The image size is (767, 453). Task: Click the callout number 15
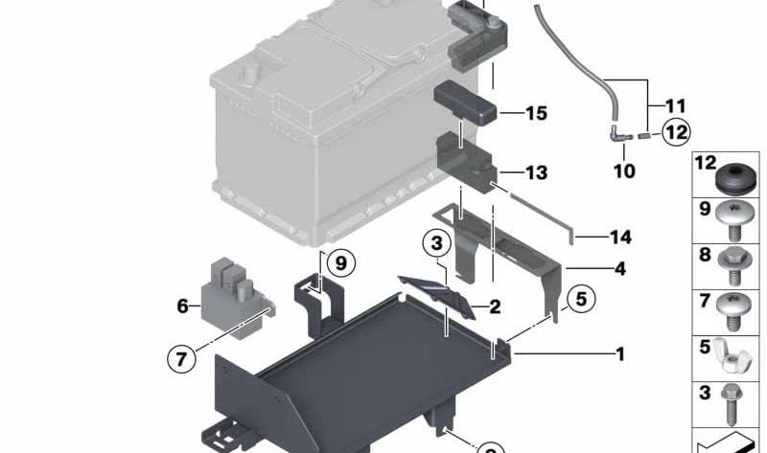pos(536,113)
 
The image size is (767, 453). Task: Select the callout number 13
pos(536,172)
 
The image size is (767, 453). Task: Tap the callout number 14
pos(620,237)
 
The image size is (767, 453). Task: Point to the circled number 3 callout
pos(437,243)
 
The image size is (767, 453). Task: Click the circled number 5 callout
pos(581,299)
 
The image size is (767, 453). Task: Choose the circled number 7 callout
pos(181,359)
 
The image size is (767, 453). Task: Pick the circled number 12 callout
pos(677,132)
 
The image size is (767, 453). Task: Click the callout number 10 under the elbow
pos(624,171)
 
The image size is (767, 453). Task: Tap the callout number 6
pos(182,306)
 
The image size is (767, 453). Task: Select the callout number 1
pos(620,353)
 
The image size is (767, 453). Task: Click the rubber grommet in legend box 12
pos(736,179)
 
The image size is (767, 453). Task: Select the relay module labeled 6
pos(236,298)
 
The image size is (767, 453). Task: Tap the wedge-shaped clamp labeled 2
pos(437,296)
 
